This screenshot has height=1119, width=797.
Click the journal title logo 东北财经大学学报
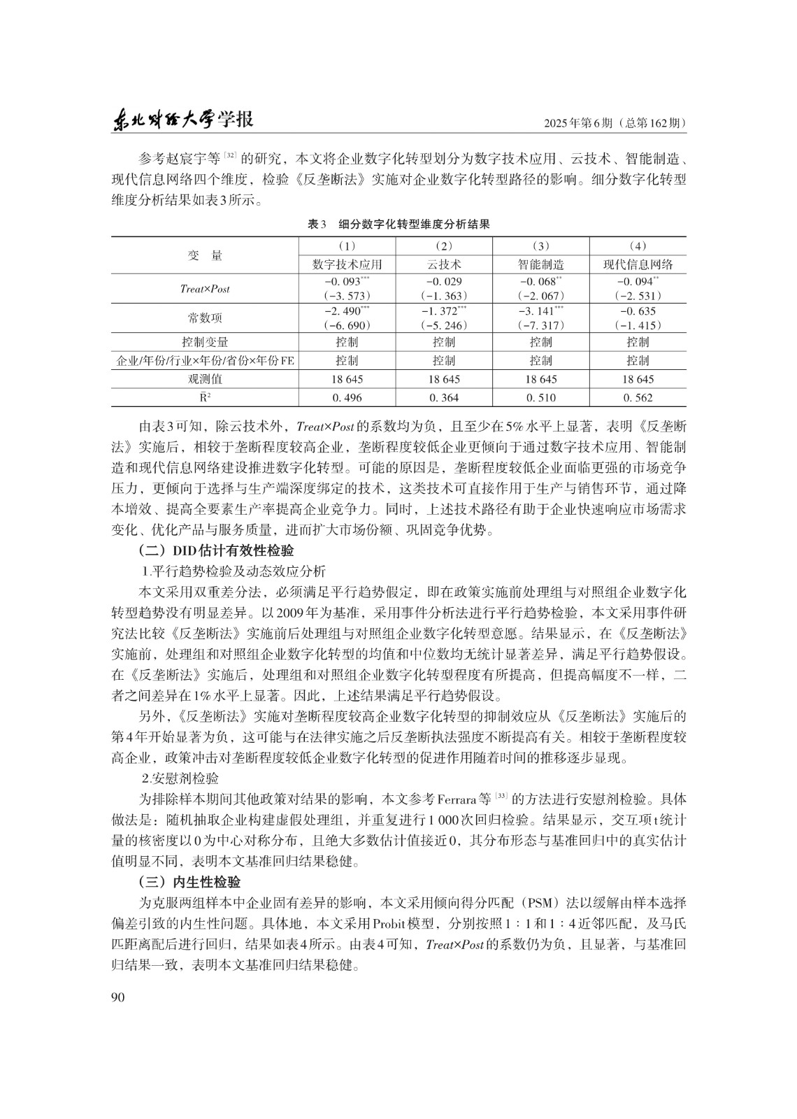pyautogui.click(x=182, y=120)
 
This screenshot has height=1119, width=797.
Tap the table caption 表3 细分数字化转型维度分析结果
pyautogui.click(x=398, y=224)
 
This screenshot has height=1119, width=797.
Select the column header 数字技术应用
pyautogui.click(x=347, y=264)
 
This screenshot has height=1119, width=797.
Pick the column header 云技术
pyautogui.click(x=444, y=264)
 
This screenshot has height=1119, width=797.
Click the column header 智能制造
pyautogui.click(x=540, y=264)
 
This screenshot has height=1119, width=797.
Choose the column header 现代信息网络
pyautogui.click(x=638, y=264)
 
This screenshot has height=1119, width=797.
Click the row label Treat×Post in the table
pyautogui.click(x=205, y=288)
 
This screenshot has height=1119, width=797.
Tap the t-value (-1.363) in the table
pyautogui.click(x=444, y=296)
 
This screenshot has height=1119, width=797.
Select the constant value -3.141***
pyautogui.click(x=540, y=311)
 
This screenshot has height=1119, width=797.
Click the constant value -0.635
pyautogui.click(x=638, y=311)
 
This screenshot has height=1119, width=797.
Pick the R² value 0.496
pyautogui.click(x=347, y=397)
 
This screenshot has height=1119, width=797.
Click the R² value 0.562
pyautogui.click(x=638, y=397)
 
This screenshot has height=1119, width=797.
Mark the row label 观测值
pyautogui.click(x=205, y=379)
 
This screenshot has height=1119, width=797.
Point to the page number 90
pyautogui.click(x=117, y=997)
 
